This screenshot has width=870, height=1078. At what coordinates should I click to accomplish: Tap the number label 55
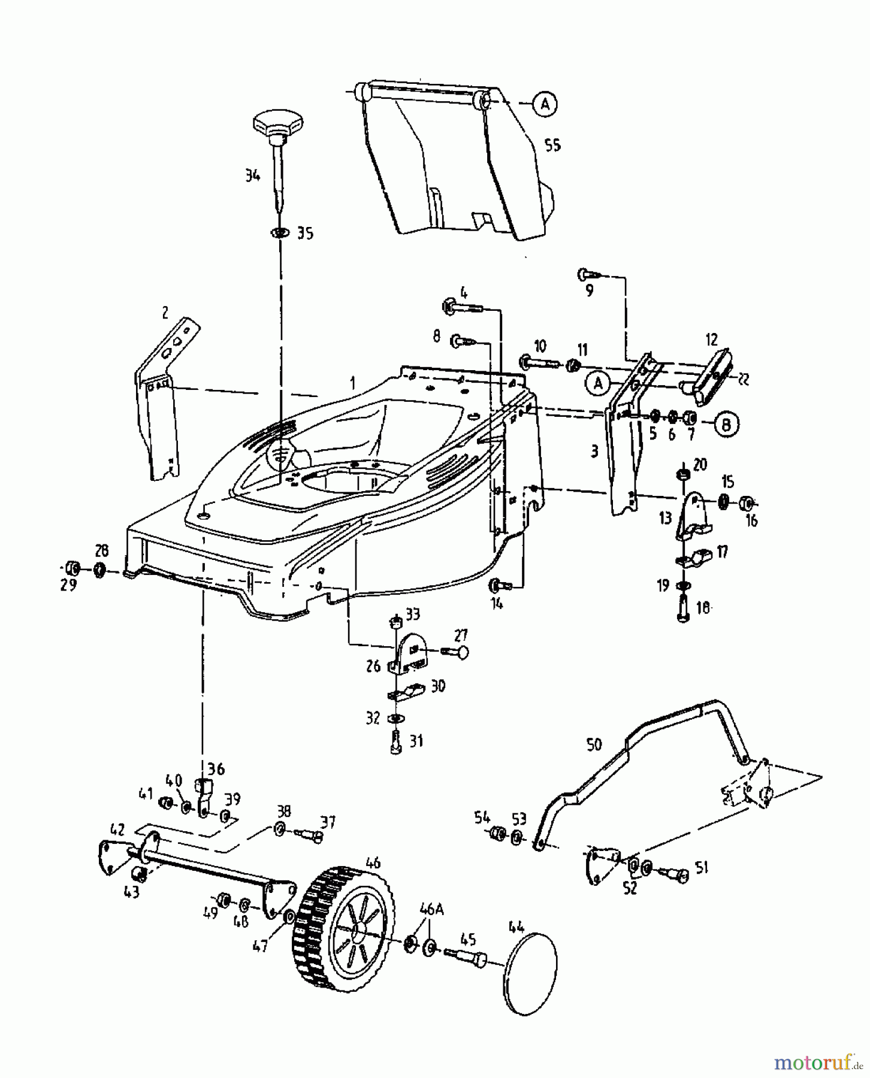coord(552,145)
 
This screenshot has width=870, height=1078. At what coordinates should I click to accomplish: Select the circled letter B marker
coord(726,424)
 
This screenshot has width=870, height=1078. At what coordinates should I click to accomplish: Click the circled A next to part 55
coord(544,104)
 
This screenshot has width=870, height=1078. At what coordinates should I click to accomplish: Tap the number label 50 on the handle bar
coord(594,744)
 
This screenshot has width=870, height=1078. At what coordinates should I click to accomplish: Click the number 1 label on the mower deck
coord(353,382)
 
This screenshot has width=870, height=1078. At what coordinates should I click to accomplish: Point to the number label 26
coord(373,666)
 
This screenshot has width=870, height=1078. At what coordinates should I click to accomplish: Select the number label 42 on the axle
coord(117,829)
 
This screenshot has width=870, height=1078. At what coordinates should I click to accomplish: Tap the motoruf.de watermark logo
coord(818,1062)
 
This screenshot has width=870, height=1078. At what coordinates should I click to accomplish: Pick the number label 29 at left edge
coord(69,585)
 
